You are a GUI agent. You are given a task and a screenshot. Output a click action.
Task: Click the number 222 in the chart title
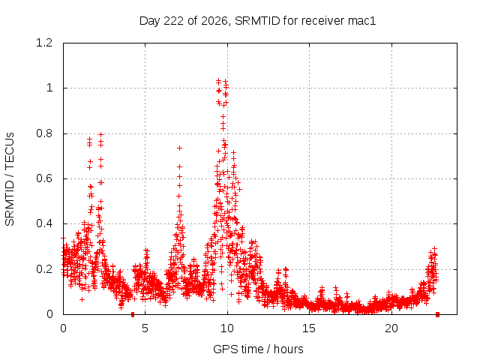173,21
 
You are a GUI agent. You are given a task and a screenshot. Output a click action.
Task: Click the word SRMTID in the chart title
257,21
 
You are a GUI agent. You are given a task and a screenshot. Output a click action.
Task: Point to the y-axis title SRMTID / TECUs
10,179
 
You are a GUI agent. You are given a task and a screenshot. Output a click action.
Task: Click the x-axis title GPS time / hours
258,349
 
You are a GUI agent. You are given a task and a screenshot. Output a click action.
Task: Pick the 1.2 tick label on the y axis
44,43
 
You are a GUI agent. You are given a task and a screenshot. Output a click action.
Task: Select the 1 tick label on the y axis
49,88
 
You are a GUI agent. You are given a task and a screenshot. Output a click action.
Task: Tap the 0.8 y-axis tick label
44,133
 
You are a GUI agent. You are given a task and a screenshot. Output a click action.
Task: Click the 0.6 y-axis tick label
44,178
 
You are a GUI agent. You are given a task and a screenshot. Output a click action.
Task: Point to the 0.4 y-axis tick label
44,223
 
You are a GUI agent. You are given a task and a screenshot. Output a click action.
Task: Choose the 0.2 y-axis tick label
44,269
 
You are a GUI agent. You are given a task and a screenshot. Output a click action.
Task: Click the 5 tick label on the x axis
145,328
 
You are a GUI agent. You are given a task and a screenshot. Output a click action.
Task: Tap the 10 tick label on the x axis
227,328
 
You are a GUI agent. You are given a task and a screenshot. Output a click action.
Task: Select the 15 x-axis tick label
309,328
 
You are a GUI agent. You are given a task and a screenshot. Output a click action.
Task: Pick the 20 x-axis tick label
391,328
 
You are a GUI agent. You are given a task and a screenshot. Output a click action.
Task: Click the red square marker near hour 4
133,314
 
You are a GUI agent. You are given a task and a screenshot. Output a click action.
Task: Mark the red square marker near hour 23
438,314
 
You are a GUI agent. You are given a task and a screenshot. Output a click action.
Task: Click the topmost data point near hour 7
180,148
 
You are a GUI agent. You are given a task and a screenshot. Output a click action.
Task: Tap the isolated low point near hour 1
82,299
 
